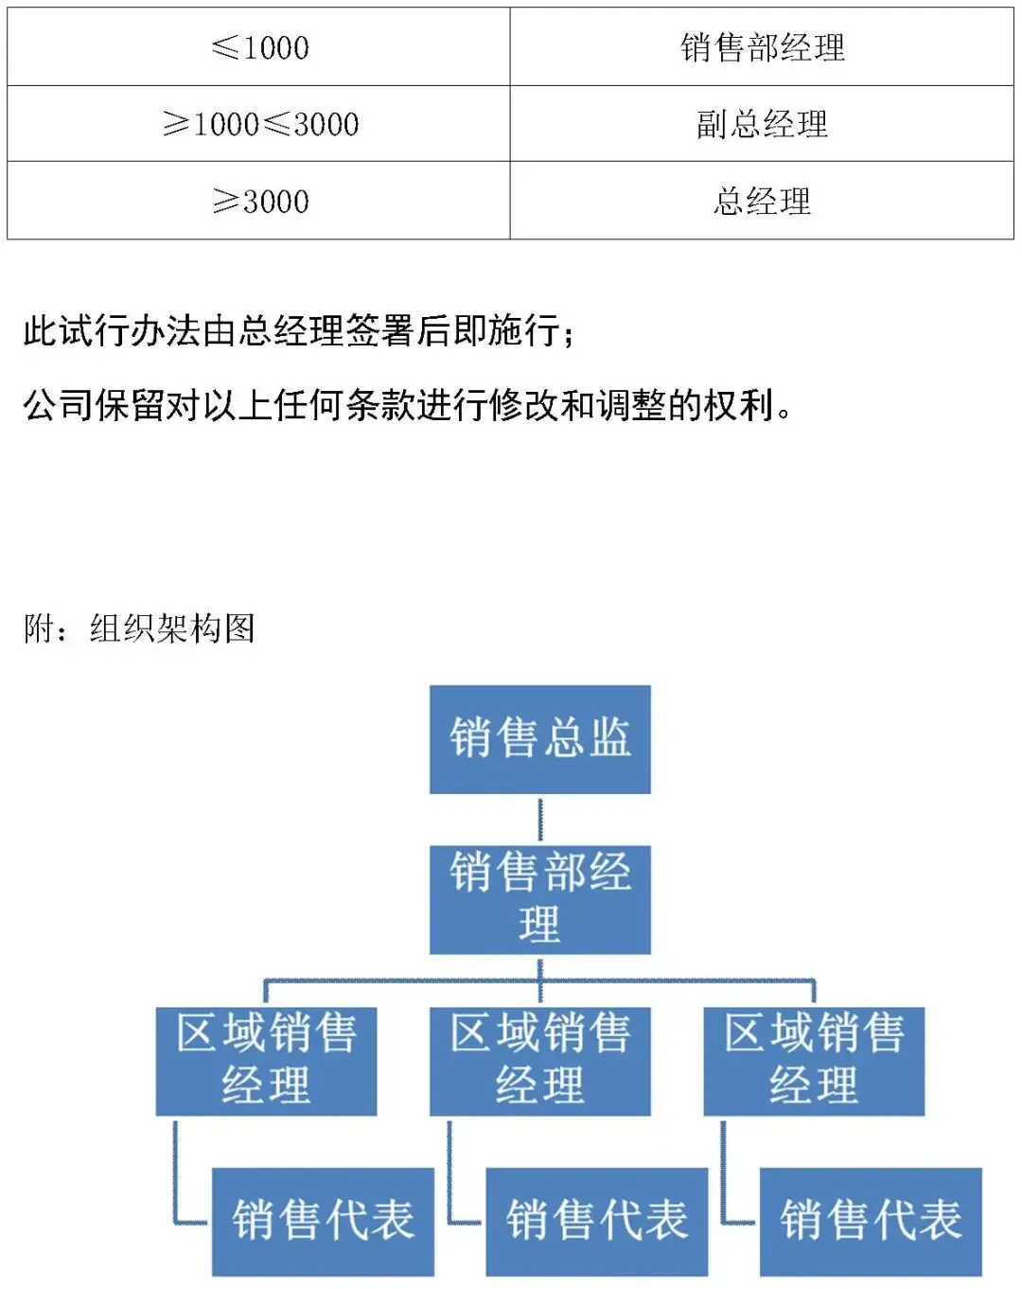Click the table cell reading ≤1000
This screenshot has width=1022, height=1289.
(258, 46)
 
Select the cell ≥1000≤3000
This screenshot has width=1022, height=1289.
(258, 123)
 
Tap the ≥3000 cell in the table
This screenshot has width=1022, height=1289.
(258, 200)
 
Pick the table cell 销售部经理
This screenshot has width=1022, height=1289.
(762, 46)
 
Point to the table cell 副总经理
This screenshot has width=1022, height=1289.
(762, 123)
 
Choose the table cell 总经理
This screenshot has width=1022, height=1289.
(762, 200)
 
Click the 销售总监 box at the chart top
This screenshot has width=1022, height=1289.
(539, 739)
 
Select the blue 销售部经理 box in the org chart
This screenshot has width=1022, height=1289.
(539, 900)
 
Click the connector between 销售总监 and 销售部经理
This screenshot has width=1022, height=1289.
(540, 820)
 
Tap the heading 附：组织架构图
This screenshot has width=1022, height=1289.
(140, 628)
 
